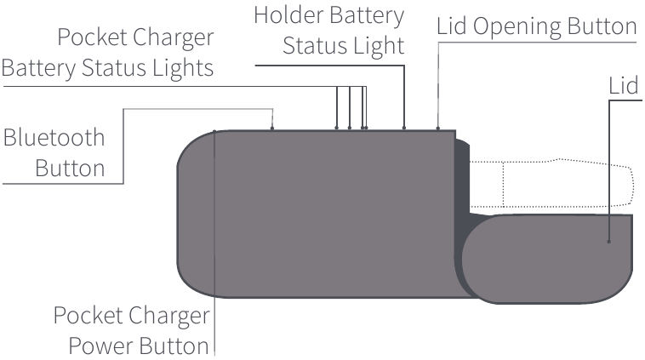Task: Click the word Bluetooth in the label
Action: click(54, 138)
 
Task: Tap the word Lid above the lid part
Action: click(624, 89)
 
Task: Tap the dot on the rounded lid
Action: click(609, 243)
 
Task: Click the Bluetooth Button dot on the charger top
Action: click(271, 129)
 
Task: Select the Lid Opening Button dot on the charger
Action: click(438, 129)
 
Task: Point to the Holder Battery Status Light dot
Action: click(404, 129)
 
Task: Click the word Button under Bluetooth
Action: click(71, 167)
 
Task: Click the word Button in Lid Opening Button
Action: click(605, 26)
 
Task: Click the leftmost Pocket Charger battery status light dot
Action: click(337, 129)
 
